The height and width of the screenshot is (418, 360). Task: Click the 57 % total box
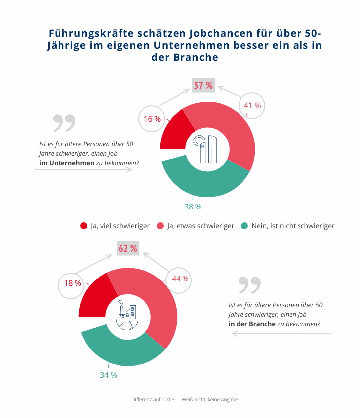pyautogui.click(x=203, y=85)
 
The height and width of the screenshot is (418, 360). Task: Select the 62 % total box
pyautogui.click(x=128, y=248)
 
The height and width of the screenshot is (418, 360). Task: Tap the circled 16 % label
pyautogui.click(x=152, y=119)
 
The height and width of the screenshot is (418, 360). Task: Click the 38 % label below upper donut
pyautogui.click(x=193, y=207)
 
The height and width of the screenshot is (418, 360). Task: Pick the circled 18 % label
pyautogui.click(x=72, y=283)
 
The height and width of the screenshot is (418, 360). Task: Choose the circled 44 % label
pyautogui.click(x=180, y=279)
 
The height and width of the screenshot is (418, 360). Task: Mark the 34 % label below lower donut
pyautogui.click(x=108, y=375)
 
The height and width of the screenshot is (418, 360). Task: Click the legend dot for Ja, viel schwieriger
pyautogui.click(x=84, y=226)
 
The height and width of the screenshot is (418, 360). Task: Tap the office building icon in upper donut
pyautogui.click(x=208, y=148)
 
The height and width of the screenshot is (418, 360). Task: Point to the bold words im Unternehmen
pyautogui.click(x=67, y=162)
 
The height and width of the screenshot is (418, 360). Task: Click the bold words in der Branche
pyautogui.click(x=251, y=323)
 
